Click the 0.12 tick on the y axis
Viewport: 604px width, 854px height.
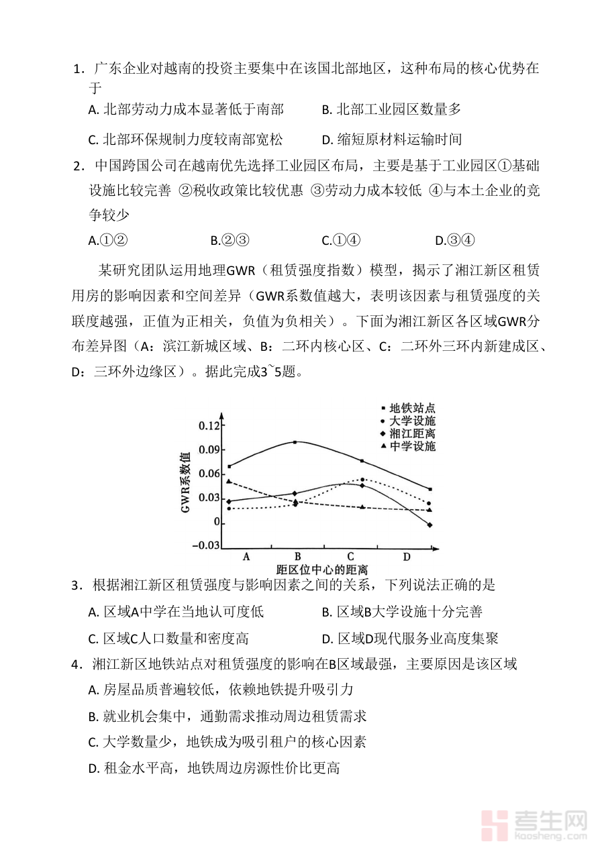(x=209, y=426)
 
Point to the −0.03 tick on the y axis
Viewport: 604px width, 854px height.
(x=205, y=545)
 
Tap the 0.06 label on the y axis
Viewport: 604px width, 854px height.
(x=209, y=474)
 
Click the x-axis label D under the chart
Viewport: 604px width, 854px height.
(x=406, y=557)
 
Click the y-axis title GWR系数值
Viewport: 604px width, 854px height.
(x=186, y=482)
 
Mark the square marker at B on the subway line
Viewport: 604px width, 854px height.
(x=295, y=442)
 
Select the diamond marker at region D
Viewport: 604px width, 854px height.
(x=430, y=525)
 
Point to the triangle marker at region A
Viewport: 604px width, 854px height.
(x=229, y=481)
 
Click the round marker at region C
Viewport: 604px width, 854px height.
(x=362, y=480)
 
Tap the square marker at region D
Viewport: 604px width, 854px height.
(x=430, y=489)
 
